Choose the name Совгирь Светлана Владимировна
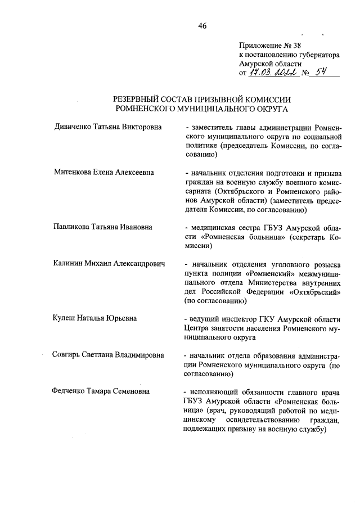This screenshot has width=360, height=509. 108,355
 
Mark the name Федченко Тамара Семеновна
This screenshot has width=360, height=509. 102,391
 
